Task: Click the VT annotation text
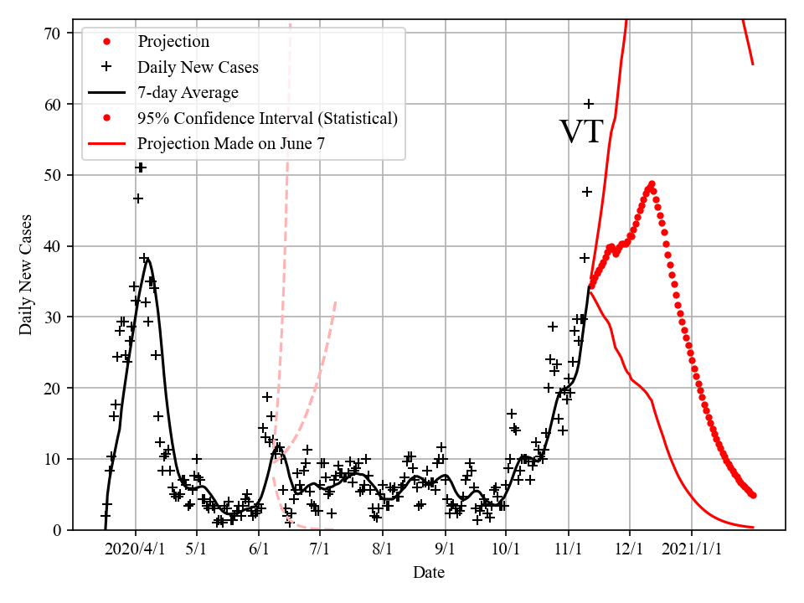click(581, 131)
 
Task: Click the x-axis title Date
click(428, 573)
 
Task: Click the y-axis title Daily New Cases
click(26, 274)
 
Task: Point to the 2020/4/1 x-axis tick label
click(136, 550)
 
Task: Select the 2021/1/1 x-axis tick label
click(692, 550)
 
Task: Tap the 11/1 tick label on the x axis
click(568, 550)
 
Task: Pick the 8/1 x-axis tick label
click(383, 550)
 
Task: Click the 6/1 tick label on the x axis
click(259, 550)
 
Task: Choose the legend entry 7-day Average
click(188, 93)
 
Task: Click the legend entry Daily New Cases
click(198, 67)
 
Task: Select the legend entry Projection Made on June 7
click(231, 143)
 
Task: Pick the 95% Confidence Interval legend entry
click(267, 118)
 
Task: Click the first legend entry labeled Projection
click(173, 42)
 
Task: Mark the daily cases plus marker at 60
click(589, 104)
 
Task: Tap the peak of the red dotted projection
click(651, 184)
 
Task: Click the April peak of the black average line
click(147, 260)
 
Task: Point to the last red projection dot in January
click(753, 495)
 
